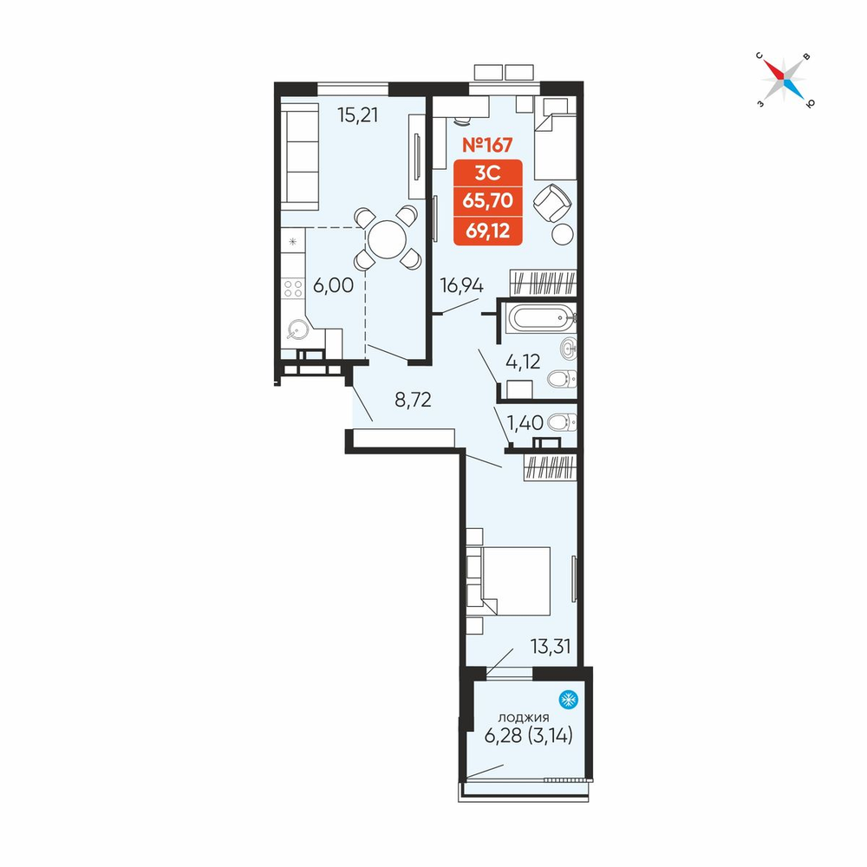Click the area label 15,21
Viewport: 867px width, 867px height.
click(358, 115)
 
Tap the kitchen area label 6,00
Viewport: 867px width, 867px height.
click(334, 285)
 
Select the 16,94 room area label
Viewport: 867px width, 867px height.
click(462, 285)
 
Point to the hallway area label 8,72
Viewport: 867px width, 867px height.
click(413, 399)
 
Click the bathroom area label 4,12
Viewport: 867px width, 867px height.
click(523, 362)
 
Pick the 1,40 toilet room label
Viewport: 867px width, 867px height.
click(525, 423)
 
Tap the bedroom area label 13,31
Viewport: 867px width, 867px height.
click(551, 646)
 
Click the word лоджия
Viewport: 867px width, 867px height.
click(524, 718)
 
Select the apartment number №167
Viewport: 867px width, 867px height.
click(487, 145)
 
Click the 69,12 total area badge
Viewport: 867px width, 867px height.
click(487, 231)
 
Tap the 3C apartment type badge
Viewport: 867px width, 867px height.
click(487, 173)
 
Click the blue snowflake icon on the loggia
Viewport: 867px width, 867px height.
click(568, 700)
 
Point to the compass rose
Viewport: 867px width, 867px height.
click(784, 80)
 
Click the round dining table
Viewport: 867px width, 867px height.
click(387, 239)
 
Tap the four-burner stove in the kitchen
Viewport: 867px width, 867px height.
click(293, 289)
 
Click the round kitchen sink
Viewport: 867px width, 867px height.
click(297, 330)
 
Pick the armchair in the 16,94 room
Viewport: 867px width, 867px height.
click(551, 203)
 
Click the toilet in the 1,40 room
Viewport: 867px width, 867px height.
click(562, 423)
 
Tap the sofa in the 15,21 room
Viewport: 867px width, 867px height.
click(300, 156)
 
